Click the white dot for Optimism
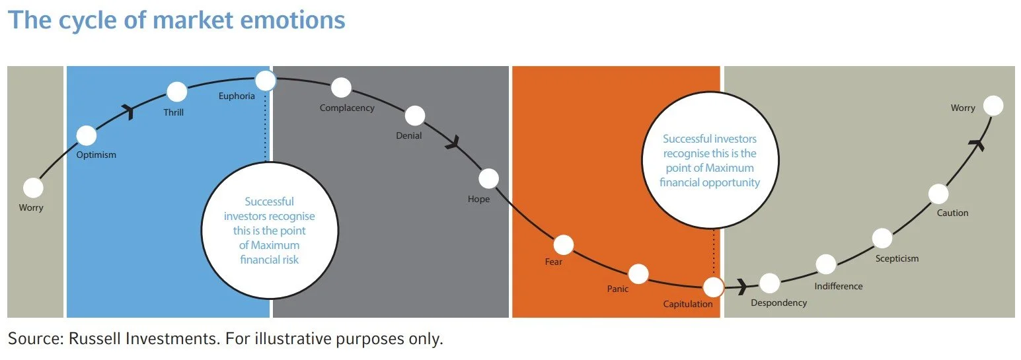[87, 135]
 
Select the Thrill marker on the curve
[177, 92]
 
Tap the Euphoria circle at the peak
[265, 81]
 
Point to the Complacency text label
[347, 108]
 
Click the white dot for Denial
[415, 116]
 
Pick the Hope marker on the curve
[488, 178]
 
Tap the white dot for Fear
[564, 245]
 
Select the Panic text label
[618, 289]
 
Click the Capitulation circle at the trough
[713, 287]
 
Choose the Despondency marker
[769, 283]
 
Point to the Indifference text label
[839, 286]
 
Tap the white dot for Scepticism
[882, 238]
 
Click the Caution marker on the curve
[938, 194]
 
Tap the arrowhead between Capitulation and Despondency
[742, 287]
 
